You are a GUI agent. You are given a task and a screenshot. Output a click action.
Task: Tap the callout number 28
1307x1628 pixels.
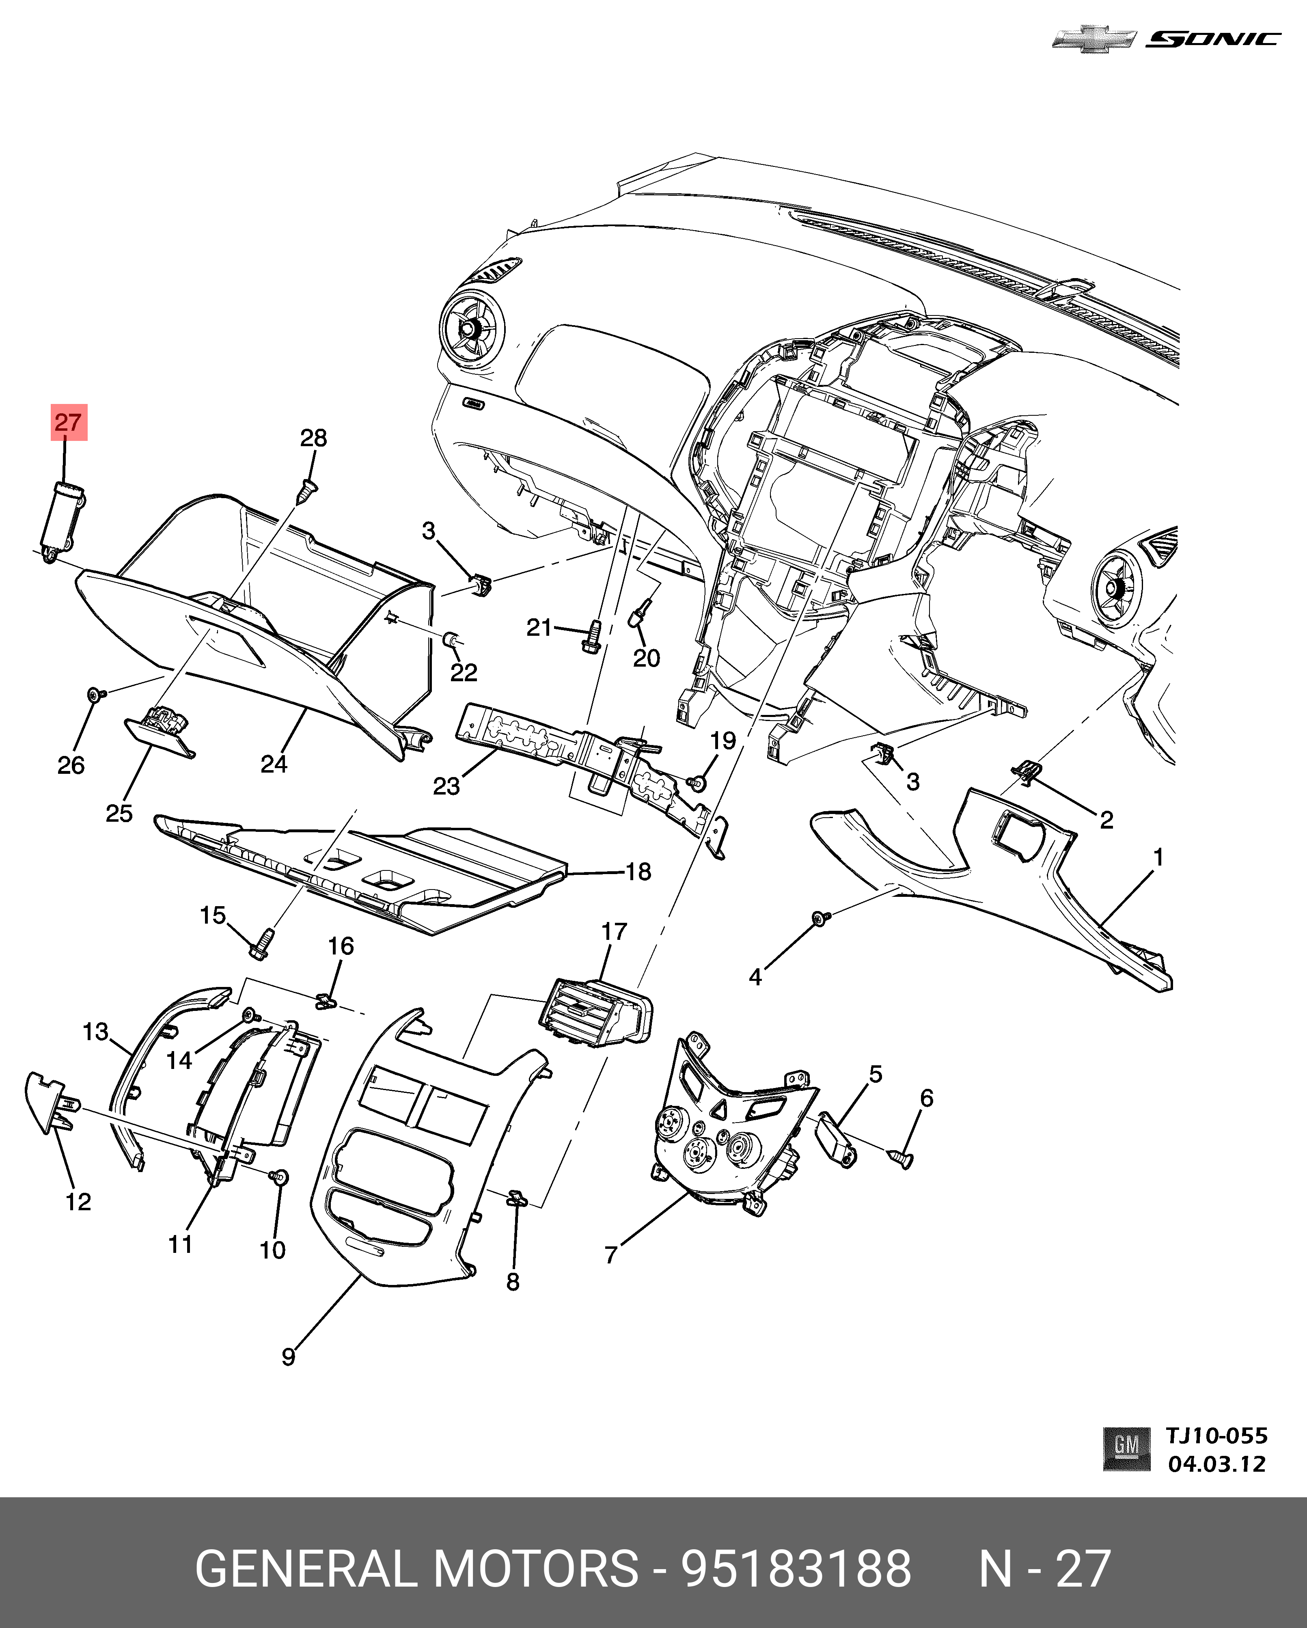tap(313, 438)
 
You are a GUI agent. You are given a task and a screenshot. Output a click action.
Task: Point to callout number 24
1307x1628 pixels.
tap(273, 764)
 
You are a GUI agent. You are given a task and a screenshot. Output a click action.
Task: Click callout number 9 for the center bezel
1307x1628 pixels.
tap(289, 1357)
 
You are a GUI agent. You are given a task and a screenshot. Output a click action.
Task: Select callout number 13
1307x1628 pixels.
tap(96, 1032)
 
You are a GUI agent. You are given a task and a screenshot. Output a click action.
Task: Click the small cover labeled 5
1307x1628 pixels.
tap(838, 1140)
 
